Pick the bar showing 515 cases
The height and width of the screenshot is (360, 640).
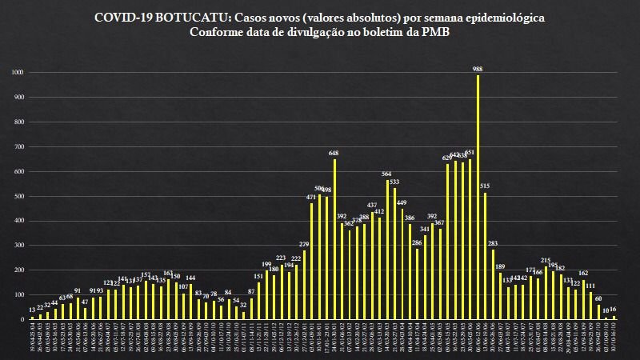pyautogui.click(x=485, y=256)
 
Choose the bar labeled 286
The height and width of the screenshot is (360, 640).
pyautogui.click(x=417, y=284)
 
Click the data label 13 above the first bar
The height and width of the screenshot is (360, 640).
pyautogui.click(x=31, y=310)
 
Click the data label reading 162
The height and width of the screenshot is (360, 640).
pyautogui.click(x=583, y=273)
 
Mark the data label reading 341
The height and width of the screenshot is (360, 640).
pyautogui.click(x=425, y=229)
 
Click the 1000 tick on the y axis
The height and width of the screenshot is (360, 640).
pyautogui.click(x=18, y=73)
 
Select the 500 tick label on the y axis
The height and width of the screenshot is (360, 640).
pyautogui.click(x=18, y=196)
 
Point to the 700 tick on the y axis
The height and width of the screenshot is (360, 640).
pyautogui.click(x=18, y=146)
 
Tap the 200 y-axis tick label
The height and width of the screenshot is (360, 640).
pyautogui.click(x=18, y=270)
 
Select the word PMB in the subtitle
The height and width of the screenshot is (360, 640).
pyautogui.click(x=434, y=33)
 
